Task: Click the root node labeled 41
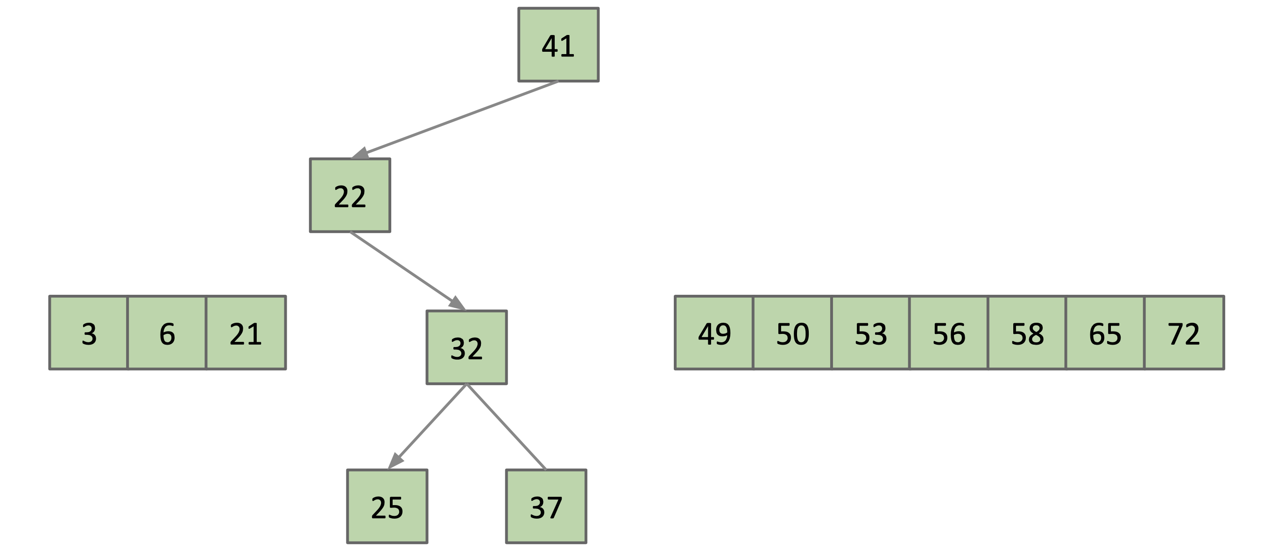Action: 558,45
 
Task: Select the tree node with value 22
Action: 350,195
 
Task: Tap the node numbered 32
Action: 466,347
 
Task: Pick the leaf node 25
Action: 387,506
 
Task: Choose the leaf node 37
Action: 546,506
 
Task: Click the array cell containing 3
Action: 89,333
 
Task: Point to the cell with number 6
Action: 167,333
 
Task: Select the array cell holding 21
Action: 246,333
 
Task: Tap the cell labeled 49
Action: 714,333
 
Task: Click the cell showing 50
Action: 792,333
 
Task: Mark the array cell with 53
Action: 870,333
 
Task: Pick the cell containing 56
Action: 948,333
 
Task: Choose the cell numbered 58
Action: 1027,333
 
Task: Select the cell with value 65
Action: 1105,333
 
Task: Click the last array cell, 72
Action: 1184,333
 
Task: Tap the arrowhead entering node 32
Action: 456,303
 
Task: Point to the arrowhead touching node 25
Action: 395,460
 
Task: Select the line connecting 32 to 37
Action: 506,426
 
